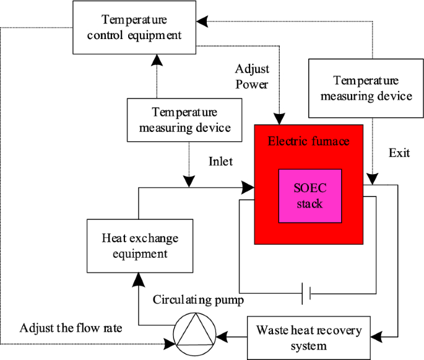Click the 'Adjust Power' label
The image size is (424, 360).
click(251, 76)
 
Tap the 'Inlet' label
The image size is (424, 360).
click(220, 162)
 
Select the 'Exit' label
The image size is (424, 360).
click(399, 152)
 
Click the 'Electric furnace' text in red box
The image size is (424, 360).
click(308, 141)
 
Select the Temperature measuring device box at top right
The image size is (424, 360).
click(363, 87)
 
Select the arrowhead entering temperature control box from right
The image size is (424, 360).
click(202, 20)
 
